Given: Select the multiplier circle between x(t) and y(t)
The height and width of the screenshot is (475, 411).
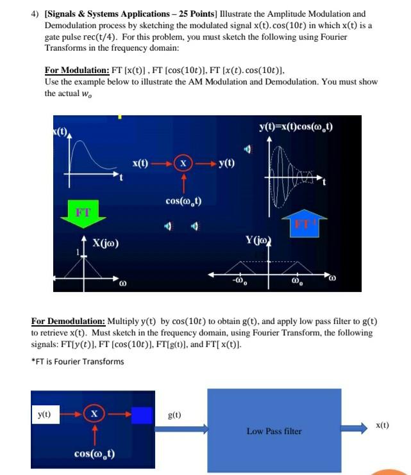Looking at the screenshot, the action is pos(184,164).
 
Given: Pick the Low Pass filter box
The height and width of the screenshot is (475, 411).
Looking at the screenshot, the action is pos(274,430).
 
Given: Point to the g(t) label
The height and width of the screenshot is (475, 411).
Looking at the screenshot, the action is pos(174,415).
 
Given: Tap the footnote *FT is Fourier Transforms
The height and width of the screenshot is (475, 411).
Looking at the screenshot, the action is pos(78,361).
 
